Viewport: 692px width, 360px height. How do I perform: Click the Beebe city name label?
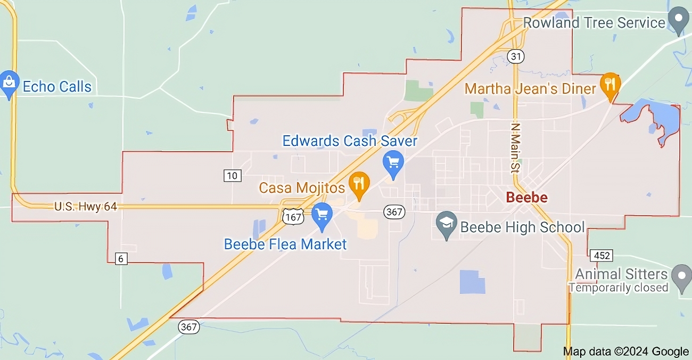pyautogui.click(x=526, y=198)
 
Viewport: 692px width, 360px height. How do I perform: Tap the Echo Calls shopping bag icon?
pyautogui.click(x=9, y=84)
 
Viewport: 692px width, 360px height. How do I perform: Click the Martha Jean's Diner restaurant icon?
pyautogui.click(x=611, y=85)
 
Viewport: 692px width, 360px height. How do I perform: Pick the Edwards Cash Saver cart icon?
pyautogui.click(x=393, y=162)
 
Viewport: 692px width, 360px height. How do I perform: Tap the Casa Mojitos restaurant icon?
pyautogui.click(x=359, y=184)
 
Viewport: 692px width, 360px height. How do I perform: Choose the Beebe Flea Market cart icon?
pyautogui.click(x=322, y=215)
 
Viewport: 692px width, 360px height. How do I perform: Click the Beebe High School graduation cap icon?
pyautogui.click(x=447, y=223)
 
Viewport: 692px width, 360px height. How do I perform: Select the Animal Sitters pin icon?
pyautogui.click(x=681, y=276)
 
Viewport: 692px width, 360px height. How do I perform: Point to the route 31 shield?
pyautogui.click(x=516, y=56)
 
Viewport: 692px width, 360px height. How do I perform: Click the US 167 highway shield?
pyautogui.click(x=293, y=216)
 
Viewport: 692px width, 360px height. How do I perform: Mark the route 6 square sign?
pyautogui.click(x=121, y=258)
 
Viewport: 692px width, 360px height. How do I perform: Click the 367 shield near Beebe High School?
pyautogui.click(x=394, y=212)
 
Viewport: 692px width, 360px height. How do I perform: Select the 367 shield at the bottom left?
pyautogui.click(x=189, y=327)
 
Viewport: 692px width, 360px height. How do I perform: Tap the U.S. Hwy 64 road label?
pyautogui.click(x=86, y=206)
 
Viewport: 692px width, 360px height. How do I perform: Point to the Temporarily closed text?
pyautogui.click(x=618, y=288)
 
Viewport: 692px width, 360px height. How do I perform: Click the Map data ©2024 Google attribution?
pyautogui.click(x=626, y=351)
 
